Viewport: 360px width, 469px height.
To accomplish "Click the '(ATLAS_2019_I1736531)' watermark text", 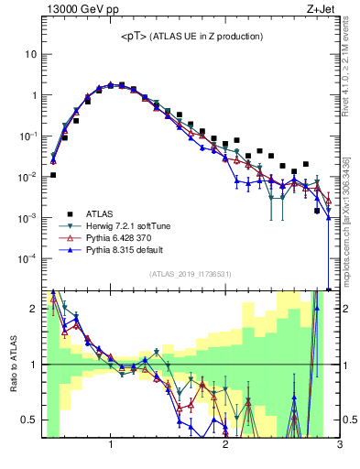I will tap(191, 274).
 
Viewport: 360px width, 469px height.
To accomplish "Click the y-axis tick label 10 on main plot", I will tap(32, 54).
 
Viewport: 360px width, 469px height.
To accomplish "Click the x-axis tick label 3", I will tap(340, 446).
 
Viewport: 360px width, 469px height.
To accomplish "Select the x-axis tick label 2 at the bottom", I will tap(225, 446).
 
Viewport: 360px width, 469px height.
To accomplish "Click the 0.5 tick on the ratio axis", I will tap(30, 420).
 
